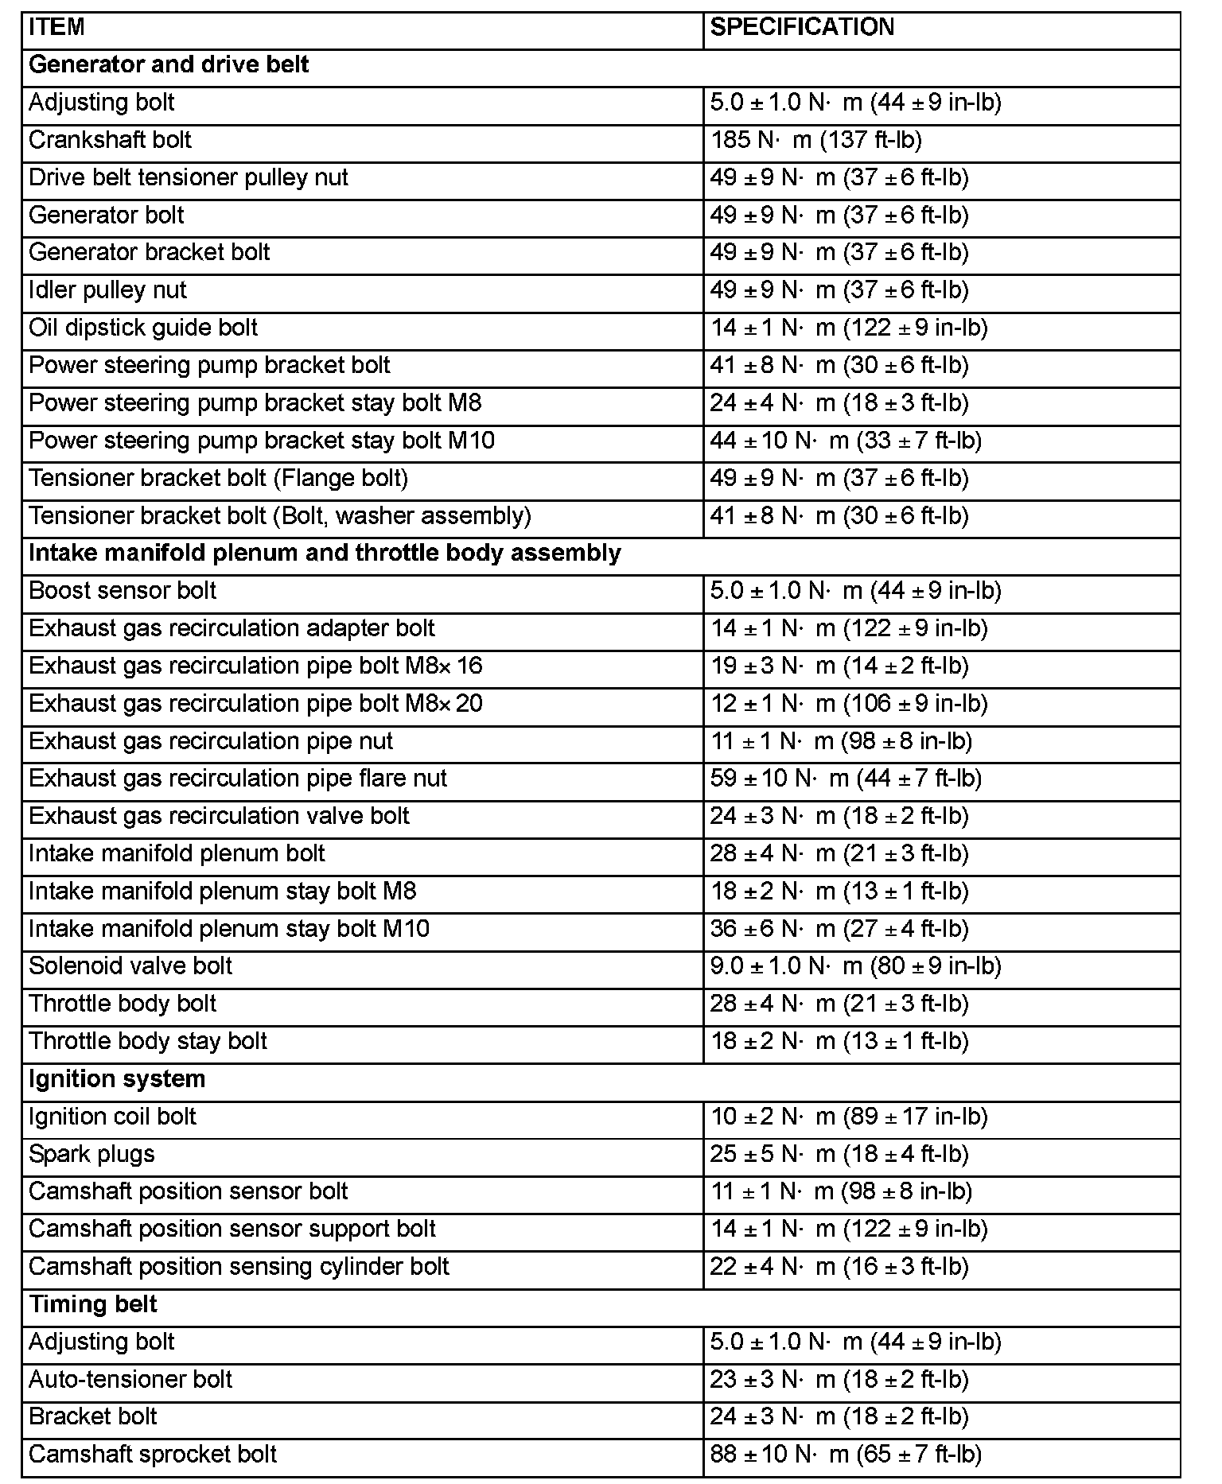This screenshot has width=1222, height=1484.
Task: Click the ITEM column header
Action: (56, 28)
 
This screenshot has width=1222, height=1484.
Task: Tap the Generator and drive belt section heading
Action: (169, 65)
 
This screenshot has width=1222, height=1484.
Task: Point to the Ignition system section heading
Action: (117, 1079)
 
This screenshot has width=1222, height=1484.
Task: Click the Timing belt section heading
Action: (93, 1304)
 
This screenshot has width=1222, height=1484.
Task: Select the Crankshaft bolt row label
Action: (110, 140)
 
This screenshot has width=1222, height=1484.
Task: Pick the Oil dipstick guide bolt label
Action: (143, 328)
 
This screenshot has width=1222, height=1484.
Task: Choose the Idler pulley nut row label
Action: (107, 290)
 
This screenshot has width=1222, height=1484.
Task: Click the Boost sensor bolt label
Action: (123, 591)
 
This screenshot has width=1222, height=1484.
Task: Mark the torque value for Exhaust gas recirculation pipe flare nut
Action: (846, 779)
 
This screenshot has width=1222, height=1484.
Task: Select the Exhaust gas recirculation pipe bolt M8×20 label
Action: (255, 704)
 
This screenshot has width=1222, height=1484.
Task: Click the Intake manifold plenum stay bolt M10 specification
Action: (839, 929)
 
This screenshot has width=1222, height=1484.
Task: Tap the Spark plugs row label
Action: (91, 1154)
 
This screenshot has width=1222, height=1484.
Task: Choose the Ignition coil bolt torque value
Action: (849, 1117)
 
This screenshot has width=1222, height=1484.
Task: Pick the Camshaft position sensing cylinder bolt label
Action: (239, 1267)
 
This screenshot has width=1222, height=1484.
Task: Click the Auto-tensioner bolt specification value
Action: (839, 1380)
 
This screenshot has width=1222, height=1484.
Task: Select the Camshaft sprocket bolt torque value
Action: (846, 1455)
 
